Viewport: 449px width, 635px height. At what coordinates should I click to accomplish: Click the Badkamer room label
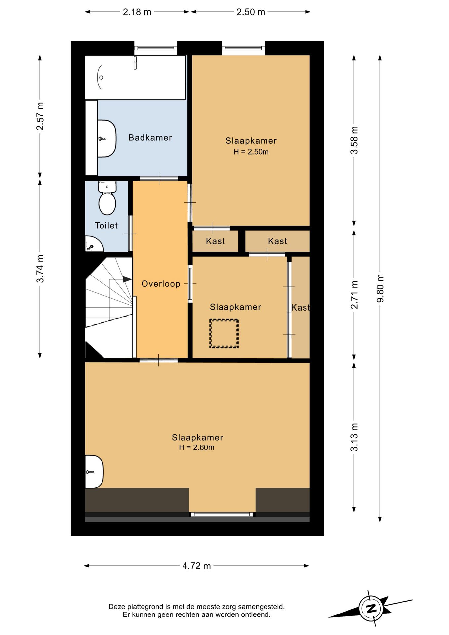pos(150,138)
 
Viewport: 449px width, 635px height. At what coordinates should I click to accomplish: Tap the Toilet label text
pos(106,226)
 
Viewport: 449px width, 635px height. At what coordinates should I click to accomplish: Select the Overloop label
pos(161,284)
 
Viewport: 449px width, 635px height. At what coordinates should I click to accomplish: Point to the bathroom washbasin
pos(107,139)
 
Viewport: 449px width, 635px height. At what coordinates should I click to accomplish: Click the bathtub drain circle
pos(101,77)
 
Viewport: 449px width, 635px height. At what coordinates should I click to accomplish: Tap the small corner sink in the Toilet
pos(94,244)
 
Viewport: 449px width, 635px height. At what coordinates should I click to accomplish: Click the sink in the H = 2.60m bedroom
pos(94,472)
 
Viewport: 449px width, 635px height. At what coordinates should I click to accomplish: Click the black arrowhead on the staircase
pos(127,279)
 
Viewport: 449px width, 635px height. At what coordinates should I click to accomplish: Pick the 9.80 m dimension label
pos(380,288)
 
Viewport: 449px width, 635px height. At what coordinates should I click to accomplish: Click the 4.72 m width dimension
pos(196,566)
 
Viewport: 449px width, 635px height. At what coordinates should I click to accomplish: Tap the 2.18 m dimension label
pos(137,12)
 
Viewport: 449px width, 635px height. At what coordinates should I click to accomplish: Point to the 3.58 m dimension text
pos(354,140)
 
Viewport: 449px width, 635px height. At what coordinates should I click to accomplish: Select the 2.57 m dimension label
pos(40,116)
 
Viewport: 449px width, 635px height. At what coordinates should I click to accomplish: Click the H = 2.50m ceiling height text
pos(251,152)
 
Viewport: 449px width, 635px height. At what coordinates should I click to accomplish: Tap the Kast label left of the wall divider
pos(215,241)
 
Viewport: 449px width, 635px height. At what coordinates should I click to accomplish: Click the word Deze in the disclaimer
pos(116,607)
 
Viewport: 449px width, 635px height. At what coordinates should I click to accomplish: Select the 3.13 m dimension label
pos(354,437)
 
